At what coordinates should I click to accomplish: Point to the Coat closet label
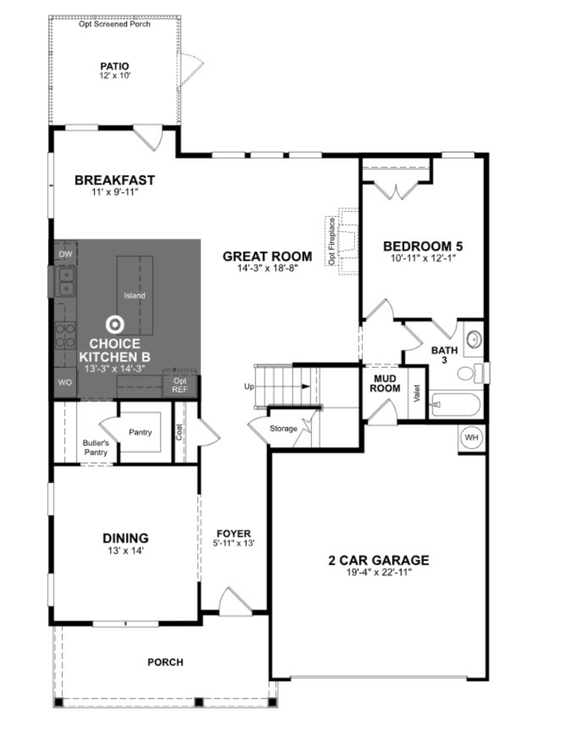[x=179, y=432]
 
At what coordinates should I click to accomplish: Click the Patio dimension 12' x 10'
[x=115, y=75]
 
